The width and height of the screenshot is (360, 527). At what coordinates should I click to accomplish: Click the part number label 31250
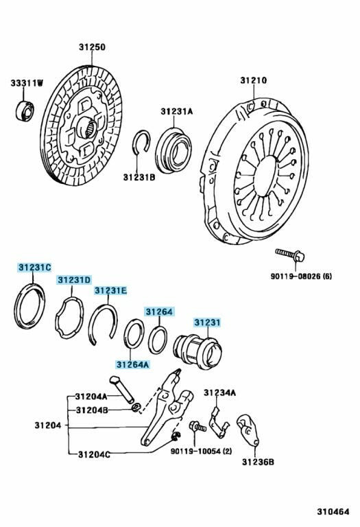(x=92, y=47)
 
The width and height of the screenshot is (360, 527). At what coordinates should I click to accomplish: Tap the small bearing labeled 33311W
(x=25, y=110)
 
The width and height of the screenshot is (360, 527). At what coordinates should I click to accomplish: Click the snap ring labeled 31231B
(x=141, y=143)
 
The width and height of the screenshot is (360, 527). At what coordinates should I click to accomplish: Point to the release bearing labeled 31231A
(x=173, y=150)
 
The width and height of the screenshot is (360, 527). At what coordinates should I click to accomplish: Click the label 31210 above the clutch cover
(x=254, y=81)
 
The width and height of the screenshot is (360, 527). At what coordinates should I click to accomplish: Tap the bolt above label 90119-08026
(x=289, y=255)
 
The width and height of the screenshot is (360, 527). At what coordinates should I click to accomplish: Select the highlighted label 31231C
(x=34, y=268)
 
